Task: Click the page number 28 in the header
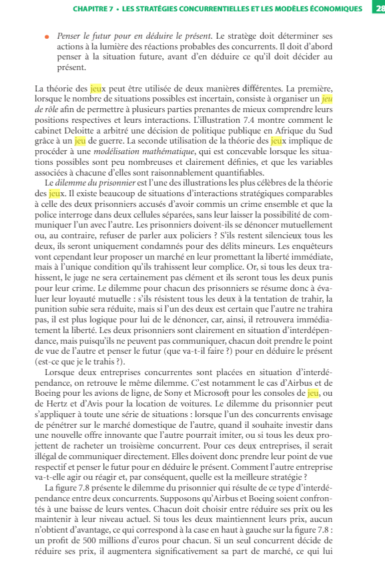pos(379,9)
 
